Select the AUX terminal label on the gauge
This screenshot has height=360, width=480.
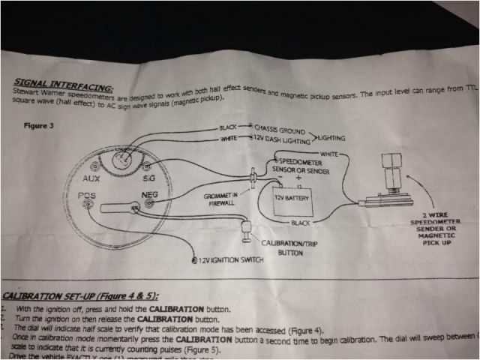point(92,179)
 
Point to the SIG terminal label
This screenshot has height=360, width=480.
point(149,178)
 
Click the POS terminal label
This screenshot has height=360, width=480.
point(88,196)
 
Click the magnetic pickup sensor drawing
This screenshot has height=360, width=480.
point(389,187)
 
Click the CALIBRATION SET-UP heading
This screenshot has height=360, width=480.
point(75,295)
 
